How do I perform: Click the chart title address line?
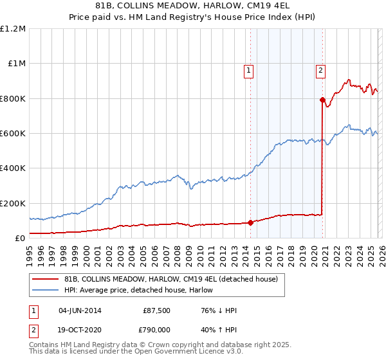pos(193,6)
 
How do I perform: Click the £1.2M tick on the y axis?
pos(13,29)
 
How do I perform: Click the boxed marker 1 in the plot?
pos(249,71)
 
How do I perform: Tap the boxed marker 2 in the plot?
pos(320,71)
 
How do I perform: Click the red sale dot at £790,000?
pos(322,100)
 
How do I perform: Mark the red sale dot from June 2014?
pos(250,223)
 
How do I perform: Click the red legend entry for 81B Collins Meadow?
pos(170,279)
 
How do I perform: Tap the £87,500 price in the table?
pos(157,310)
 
